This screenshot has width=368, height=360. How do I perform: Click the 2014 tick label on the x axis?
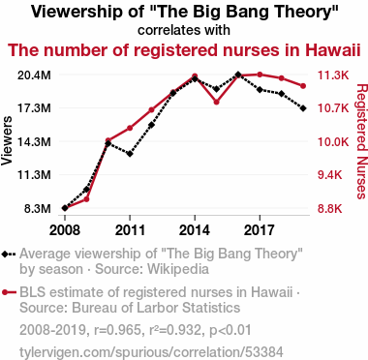click(195, 230)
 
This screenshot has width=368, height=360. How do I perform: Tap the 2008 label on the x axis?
click(65, 230)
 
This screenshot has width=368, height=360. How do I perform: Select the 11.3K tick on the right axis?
click(333, 75)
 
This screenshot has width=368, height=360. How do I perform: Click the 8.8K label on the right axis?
click(330, 209)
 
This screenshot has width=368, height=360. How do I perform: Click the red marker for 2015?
click(216, 102)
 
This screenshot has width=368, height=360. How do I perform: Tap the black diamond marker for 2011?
click(130, 154)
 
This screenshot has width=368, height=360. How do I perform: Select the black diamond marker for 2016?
click(238, 75)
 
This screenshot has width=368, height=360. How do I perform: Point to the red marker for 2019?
click(303, 86)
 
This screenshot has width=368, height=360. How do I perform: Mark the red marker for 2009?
click(86, 199)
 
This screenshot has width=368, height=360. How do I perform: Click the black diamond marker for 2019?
click(303, 108)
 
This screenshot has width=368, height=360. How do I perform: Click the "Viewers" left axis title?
click(7, 141)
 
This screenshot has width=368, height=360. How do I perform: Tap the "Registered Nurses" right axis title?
click(362, 141)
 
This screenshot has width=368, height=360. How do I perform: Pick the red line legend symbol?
click(9, 292)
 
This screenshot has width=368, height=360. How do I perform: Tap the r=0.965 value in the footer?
click(115, 330)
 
